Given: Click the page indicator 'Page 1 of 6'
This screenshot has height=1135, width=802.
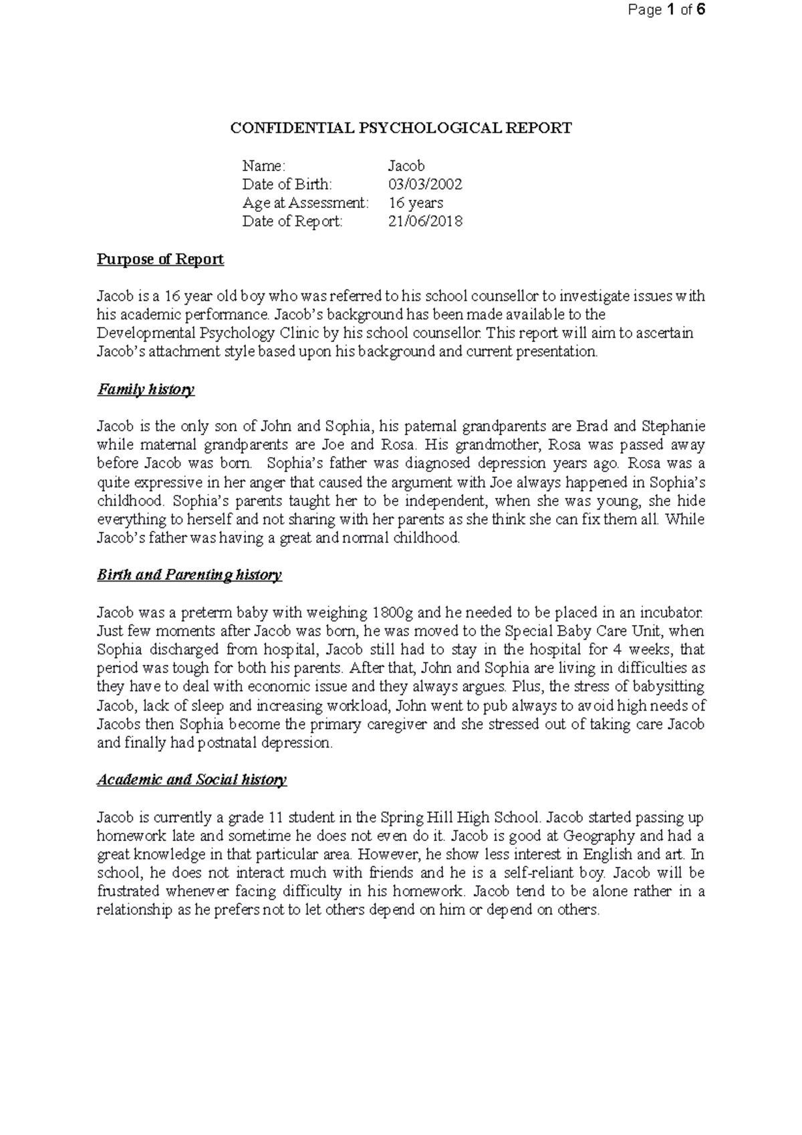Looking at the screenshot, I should tap(664, 10).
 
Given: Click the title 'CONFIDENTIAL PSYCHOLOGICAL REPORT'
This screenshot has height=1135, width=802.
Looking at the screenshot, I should tap(401, 128).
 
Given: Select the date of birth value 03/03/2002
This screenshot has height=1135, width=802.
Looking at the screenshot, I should tap(425, 184).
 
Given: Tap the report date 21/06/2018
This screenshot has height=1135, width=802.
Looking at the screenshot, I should tap(425, 221).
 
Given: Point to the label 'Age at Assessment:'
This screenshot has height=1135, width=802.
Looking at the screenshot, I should tap(305, 203).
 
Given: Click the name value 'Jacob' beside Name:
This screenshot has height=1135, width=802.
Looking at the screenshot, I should tap(406, 166).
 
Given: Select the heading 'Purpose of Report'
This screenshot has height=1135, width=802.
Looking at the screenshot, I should tap(160, 259).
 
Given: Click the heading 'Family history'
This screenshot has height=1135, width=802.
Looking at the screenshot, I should tap(146, 389).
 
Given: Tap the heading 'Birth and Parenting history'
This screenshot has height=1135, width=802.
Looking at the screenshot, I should tap(189, 575).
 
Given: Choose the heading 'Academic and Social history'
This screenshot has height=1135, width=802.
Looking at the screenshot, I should tap(192, 779).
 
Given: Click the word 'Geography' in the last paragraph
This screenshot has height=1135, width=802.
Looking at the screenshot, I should tap(599, 836).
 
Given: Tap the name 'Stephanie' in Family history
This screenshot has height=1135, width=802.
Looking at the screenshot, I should tap(672, 426).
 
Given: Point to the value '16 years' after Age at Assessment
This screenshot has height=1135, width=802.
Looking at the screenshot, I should tap(416, 203).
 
